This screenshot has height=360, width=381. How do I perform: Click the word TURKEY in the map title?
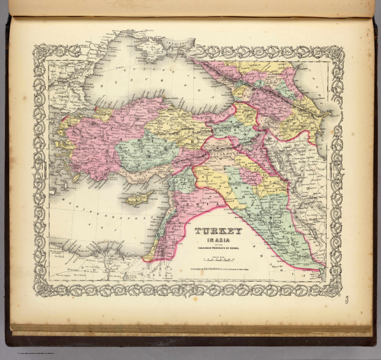pos(218,232)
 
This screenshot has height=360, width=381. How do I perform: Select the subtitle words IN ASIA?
pos(218,240)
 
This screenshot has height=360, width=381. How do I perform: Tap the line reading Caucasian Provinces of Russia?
pos(218,246)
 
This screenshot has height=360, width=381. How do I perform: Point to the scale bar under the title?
pos(218,259)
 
